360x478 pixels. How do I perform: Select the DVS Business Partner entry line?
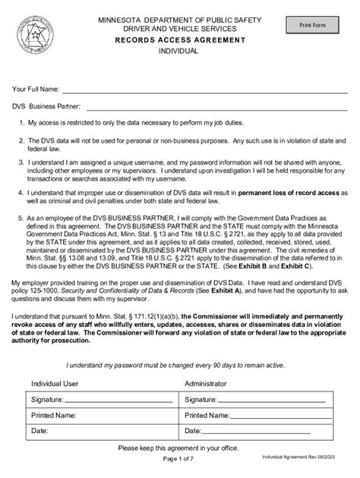[220, 107]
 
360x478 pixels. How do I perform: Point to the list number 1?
[21, 122]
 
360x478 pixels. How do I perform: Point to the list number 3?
[21, 162]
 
